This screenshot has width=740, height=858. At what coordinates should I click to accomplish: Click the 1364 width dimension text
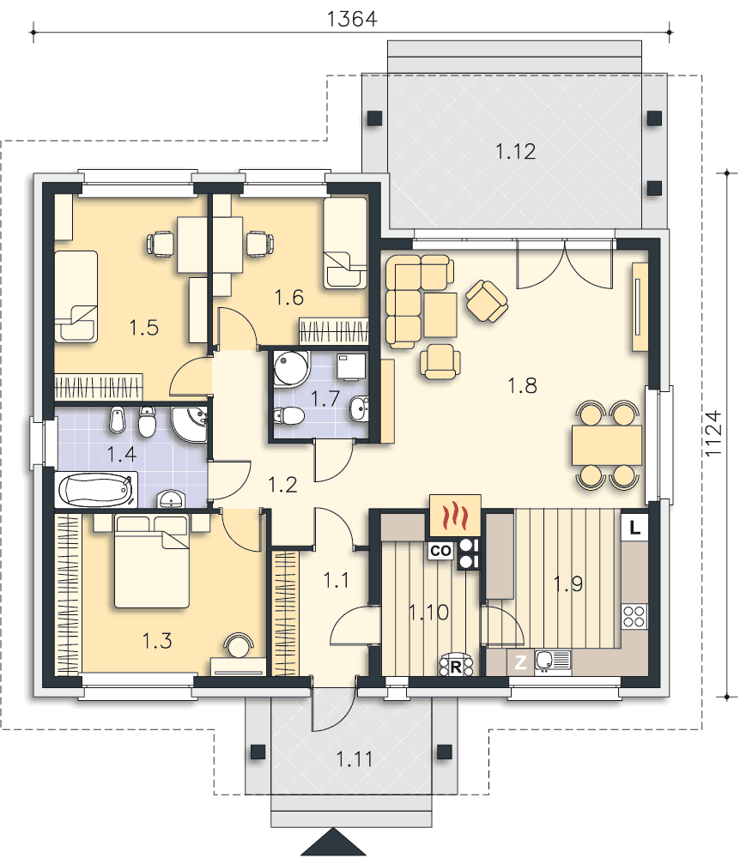click(x=352, y=19)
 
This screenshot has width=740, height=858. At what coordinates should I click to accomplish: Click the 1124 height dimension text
click(x=713, y=433)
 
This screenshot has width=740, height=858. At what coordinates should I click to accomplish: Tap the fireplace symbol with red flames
click(x=455, y=516)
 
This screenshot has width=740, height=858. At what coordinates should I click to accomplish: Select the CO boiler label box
click(x=440, y=551)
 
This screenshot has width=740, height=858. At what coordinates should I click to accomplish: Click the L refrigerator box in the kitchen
click(x=634, y=528)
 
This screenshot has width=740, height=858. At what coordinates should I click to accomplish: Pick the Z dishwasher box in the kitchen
click(x=520, y=662)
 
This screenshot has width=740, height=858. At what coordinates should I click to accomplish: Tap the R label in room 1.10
click(x=455, y=667)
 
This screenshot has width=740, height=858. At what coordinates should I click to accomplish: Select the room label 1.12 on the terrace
click(x=515, y=152)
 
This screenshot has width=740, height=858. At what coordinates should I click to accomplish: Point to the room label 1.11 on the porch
click(x=355, y=759)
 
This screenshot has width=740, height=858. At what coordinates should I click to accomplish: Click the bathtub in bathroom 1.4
click(x=96, y=490)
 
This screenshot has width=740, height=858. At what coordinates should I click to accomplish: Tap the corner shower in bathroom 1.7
click(x=292, y=369)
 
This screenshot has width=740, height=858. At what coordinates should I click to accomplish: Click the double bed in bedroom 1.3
click(x=152, y=561)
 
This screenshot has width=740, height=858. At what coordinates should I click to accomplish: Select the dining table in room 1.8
click(x=606, y=444)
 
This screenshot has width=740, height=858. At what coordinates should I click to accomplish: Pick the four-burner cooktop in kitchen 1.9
click(x=634, y=616)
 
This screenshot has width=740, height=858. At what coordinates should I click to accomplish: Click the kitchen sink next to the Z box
click(x=552, y=661)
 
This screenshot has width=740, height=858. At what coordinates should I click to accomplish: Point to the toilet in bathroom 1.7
click(x=288, y=415)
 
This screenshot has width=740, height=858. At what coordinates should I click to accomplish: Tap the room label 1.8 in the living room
click(x=522, y=386)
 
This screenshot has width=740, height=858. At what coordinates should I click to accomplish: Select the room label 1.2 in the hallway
click(x=283, y=484)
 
